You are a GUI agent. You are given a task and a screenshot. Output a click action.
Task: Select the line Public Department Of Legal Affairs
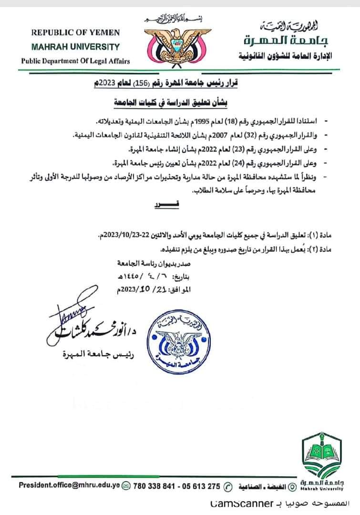coord(75,61)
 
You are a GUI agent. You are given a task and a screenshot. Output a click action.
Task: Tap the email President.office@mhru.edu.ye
coord(69,486)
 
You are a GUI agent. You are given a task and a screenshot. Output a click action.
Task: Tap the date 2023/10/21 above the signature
coord(133,289)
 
